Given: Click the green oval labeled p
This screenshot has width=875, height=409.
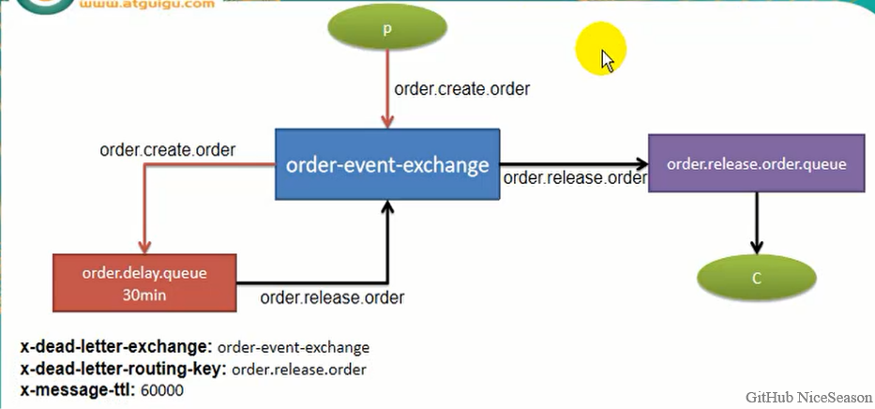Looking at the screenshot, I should (x=386, y=29).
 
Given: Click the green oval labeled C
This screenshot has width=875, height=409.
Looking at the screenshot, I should (x=757, y=279).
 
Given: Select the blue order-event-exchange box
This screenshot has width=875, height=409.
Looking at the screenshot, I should (x=387, y=165).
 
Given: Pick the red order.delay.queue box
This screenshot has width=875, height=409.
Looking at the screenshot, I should (x=143, y=282).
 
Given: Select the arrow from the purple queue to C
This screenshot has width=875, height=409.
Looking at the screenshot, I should (x=757, y=223).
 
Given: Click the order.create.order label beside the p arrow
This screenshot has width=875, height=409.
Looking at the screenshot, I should (x=461, y=90).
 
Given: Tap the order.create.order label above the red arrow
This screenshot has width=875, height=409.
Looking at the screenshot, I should (x=167, y=149).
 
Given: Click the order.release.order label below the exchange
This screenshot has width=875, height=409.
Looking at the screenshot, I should (x=332, y=298).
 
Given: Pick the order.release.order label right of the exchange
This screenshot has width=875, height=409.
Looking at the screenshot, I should (x=575, y=177).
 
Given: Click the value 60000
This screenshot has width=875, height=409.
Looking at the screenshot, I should (x=162, y=389).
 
